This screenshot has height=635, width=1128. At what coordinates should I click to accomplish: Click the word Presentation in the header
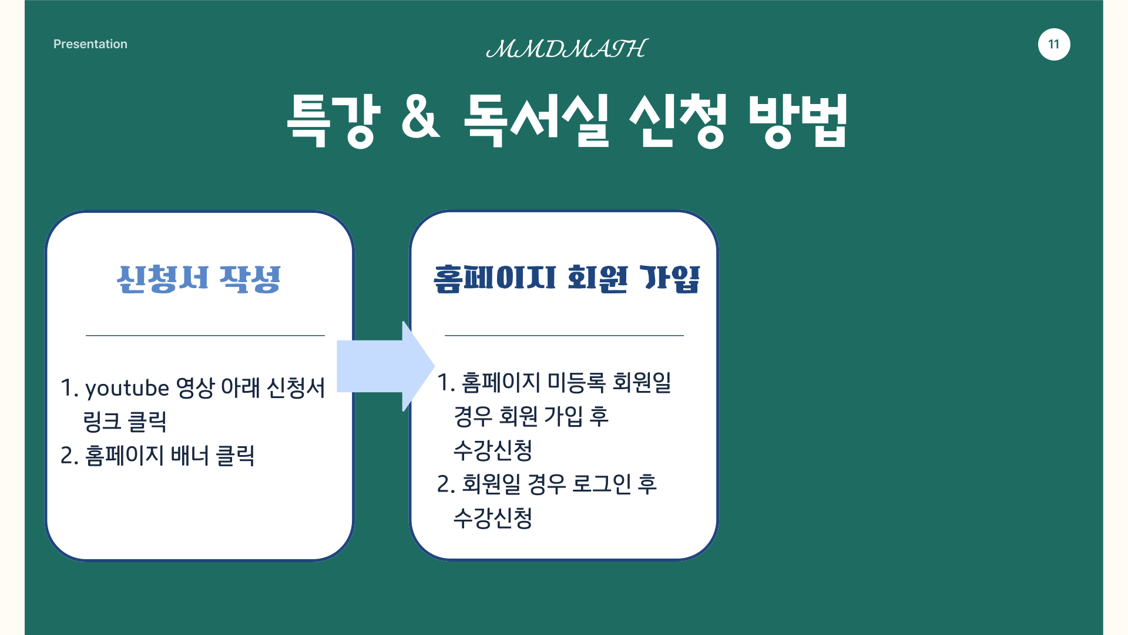pyautogui.click(x=90, y=44)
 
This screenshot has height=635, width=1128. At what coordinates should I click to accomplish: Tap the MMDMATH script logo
pyautogui.click(x=567, y=49)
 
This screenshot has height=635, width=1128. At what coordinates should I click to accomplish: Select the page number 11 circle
pyautogui.click(x=1054, y=44)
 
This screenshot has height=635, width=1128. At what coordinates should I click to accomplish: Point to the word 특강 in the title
pyautogui.click(x=333, y=120)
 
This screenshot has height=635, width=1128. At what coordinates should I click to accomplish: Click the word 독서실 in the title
pyautogui.click(x=536, y=120)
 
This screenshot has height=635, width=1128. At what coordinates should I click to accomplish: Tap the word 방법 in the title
pyautogui.click(x=798, y=120)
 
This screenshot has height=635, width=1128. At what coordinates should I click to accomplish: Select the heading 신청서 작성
pyautogui.click(x=199, y=279)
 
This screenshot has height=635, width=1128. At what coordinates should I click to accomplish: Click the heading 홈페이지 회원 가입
pyautogui.click(x=567, y=279)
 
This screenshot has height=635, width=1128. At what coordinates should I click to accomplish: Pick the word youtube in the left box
pyautogui.click(x=127, y=389)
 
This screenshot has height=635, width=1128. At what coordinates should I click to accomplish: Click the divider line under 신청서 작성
pyautogui.click(x=205, y=336)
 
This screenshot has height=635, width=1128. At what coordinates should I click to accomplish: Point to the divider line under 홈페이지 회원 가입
pyautogui.click(x=564, y=336)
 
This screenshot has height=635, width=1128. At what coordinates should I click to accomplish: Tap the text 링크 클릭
pyautogui.click(x=125, y=422)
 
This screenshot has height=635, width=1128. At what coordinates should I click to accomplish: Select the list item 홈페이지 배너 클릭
pyautogui.click(x=170, y=456)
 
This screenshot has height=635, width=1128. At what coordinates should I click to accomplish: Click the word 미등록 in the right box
pyautogui.click(x=576, y=383)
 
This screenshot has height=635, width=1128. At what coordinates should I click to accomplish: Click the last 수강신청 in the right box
pyautogui.click(x=493, y=519)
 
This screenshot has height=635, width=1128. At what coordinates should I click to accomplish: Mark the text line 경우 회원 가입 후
pyautogui.click(x=531, y=417)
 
